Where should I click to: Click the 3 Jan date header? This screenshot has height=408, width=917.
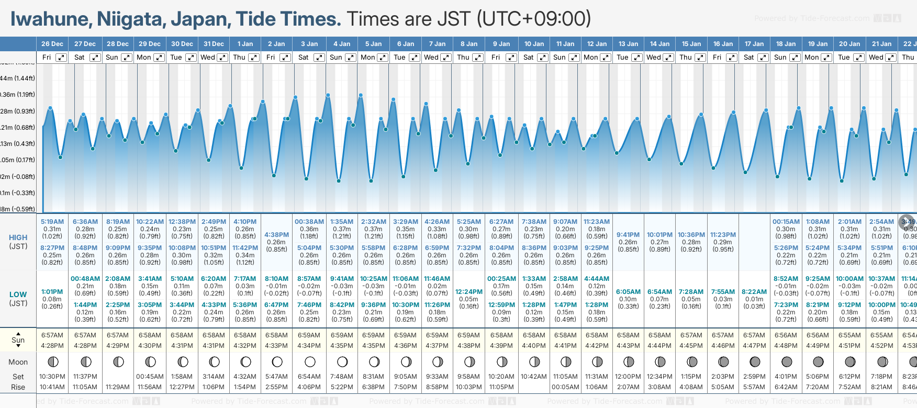(309, 44)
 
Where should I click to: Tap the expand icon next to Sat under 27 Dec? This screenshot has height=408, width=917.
(95, 58)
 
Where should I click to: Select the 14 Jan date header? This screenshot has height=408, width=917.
(659, 44)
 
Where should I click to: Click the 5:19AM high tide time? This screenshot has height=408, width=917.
(52, 222)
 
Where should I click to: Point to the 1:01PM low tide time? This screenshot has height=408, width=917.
(52, 292)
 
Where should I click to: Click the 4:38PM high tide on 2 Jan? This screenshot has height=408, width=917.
(276, 235)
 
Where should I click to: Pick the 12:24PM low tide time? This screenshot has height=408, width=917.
(468, 292)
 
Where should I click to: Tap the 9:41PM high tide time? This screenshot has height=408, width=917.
(628, 235)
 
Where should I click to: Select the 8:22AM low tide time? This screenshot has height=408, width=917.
(754, 292)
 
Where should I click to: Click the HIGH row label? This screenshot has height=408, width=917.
(18, 237)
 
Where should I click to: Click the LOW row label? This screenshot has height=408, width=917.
(18, 294)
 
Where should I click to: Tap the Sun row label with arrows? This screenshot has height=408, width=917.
(18, 340)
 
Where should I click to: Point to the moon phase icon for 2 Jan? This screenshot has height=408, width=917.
(277, 361)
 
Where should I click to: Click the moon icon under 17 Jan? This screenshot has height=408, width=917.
(755, 361)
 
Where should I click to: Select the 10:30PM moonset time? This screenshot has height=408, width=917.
(52, 377)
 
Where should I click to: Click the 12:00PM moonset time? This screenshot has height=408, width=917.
(628, 377)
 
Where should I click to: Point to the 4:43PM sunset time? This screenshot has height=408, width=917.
(628, 346)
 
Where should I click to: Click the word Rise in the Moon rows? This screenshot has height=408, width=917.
(18, 387)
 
